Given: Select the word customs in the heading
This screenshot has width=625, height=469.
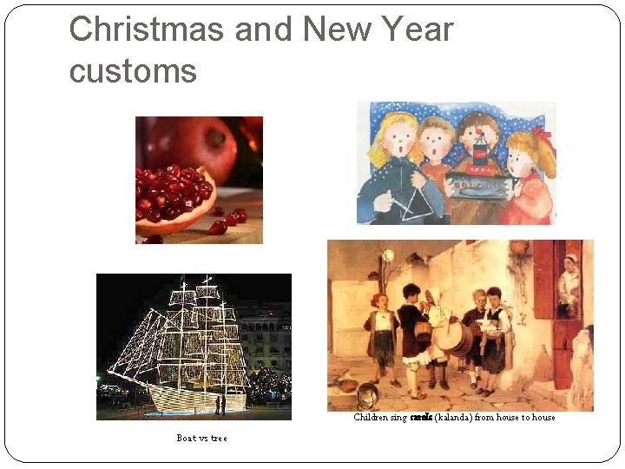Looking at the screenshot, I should pos(133,71).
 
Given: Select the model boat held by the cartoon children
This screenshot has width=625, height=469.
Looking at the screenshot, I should pos(477,174).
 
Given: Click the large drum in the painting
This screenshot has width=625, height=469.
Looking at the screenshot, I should pos(452,335).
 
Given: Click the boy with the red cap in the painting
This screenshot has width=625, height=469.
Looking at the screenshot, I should pos(379,334).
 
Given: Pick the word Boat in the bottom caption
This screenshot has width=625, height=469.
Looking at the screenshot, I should pos(186,439).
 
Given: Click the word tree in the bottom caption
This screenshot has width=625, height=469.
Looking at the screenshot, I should pos(219,439).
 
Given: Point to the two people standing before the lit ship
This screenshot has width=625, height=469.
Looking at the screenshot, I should pos(220,404).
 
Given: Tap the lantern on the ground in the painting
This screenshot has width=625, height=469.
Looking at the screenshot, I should pos(367,396).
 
